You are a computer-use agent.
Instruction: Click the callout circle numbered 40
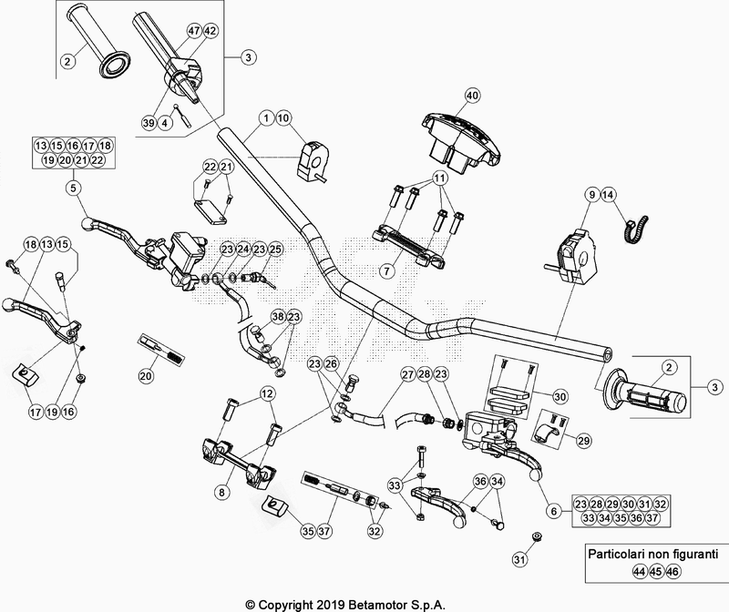click(x=471, y=96)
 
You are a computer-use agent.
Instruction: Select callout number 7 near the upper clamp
click(x=386, y=270)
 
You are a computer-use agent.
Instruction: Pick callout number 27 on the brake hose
click(x=407, y=374)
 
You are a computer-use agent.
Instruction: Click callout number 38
click(x=278, y=316)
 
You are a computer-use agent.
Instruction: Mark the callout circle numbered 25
click(x=275, y=249)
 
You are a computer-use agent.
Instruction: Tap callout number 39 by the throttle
click(x=148, y=122)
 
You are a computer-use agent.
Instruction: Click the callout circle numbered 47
click(x=193, y=30)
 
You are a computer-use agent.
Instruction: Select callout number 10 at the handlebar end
click(x=282, y=117)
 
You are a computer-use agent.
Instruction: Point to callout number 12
click(x=267, y=393)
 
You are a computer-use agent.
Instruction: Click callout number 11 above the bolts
click(x=439, y=177)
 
